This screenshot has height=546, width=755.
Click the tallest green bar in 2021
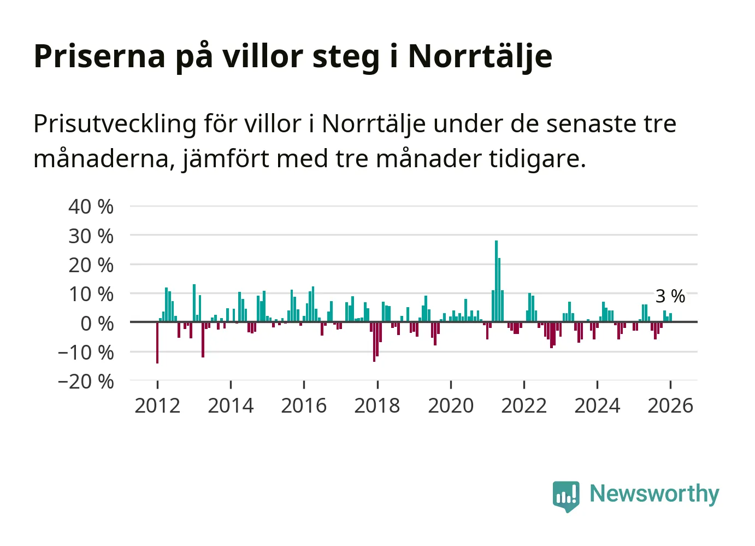496,281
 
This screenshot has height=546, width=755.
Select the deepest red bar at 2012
157,343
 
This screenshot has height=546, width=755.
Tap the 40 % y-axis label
91,207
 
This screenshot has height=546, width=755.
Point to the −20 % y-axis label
86,381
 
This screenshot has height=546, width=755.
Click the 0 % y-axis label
97,323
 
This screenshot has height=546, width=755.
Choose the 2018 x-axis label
377,406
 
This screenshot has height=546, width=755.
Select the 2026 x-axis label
670,406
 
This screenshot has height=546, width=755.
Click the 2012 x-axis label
157,406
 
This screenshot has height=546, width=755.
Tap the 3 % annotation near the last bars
670,296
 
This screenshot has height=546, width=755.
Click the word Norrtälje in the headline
480,56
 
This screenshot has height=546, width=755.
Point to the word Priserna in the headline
99,56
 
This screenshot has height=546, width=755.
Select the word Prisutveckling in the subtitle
115,124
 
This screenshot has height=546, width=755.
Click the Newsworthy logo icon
565,496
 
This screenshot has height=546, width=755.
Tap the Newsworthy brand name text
654,494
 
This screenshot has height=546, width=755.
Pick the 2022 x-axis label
524,406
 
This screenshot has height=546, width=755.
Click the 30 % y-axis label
91,236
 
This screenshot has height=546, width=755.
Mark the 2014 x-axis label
231,406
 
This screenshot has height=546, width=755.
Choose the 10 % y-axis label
91,294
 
